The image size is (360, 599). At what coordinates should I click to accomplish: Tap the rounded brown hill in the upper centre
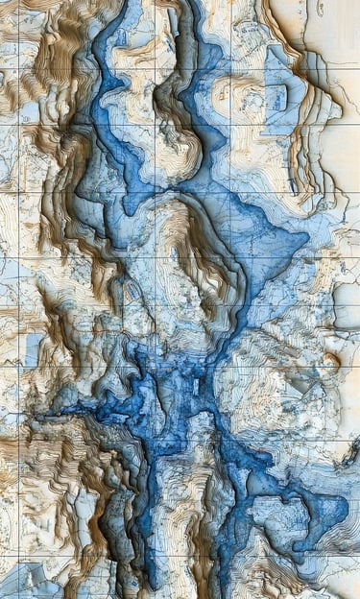pos(179,130)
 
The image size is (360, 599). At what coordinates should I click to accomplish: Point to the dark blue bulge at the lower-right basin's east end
pos(331,509)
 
